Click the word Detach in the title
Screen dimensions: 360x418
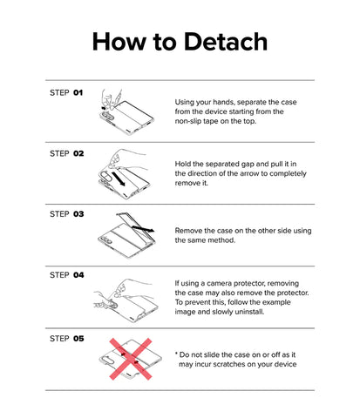click(226, 42)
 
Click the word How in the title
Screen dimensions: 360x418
click(119, 42)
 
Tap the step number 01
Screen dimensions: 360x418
click(78, 93)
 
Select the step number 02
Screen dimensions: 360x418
click(78, 153)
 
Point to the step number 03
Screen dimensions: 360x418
click(78, 214)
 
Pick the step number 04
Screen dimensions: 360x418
click(78, 275)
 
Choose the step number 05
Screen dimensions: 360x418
click(78, 339)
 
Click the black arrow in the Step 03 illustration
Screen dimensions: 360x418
click(143, 229)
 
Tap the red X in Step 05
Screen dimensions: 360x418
click(131, 359)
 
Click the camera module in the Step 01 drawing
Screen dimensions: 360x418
click(107, 116)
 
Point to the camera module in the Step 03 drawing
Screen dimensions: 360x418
click(105, 240)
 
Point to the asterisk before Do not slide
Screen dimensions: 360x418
click(176, 354)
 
